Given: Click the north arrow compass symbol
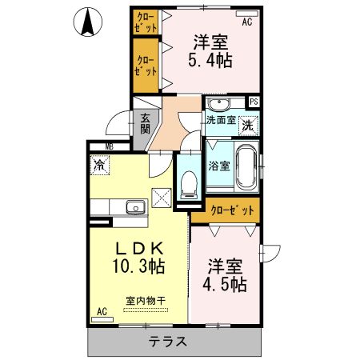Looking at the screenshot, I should (90, 22).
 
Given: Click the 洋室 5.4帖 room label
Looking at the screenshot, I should (210, 50).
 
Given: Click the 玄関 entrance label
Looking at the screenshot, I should (145, 122).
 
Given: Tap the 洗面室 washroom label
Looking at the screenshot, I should (220, 120).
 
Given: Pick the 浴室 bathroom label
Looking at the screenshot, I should (219, 166).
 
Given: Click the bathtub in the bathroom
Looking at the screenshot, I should (246, 167).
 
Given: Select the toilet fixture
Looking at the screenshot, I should (189, 184).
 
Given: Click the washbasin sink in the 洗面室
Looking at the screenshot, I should (218, 105).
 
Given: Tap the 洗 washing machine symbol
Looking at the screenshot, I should (249, 125).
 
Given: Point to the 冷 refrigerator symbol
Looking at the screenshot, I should (100, 166).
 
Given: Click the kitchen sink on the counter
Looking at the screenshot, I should (134, 208).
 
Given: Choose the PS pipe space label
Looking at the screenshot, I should (254, 102).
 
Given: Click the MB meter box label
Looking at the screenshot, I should (106, 146).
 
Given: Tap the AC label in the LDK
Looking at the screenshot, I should (102, 310).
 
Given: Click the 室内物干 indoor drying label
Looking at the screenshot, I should (145, 301).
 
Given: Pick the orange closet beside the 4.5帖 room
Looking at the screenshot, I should (234, 210).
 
